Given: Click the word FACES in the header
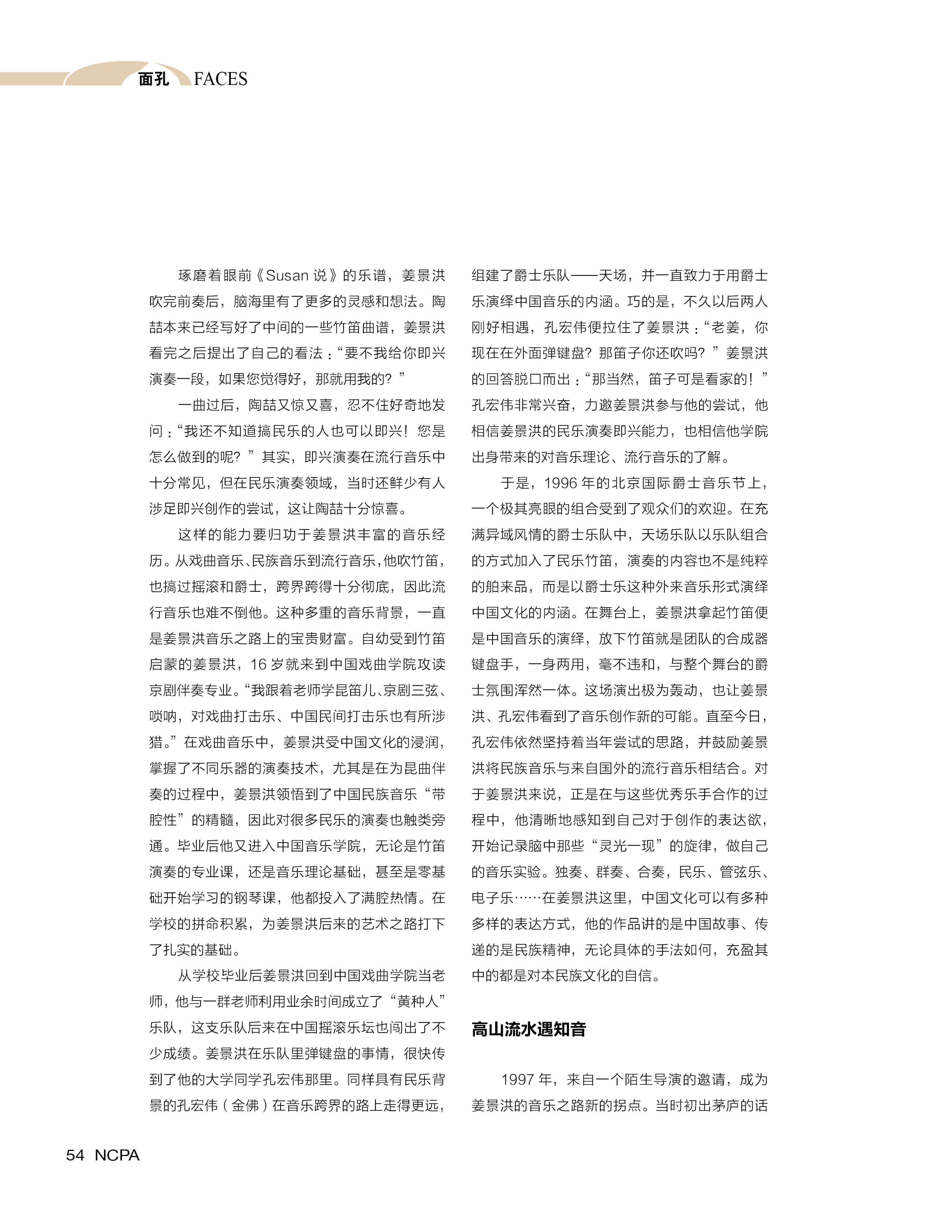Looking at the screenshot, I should [x=221, y=79].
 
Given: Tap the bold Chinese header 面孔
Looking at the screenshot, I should [x=153, y=79].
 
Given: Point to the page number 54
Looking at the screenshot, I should [x=75, y=1155].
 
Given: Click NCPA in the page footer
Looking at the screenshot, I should [x=117, y=1155].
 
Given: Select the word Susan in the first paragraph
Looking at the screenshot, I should [x=287, y=275].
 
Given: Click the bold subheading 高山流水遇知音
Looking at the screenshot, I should [x=528, y=1029].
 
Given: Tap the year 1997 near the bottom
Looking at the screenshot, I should [x=517, y=1079].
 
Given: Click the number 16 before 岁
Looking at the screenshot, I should [x=259, y=664].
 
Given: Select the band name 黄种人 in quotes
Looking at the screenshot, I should [x=418, y=1001].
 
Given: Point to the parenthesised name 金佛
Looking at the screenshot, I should [x=245, y=1105].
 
